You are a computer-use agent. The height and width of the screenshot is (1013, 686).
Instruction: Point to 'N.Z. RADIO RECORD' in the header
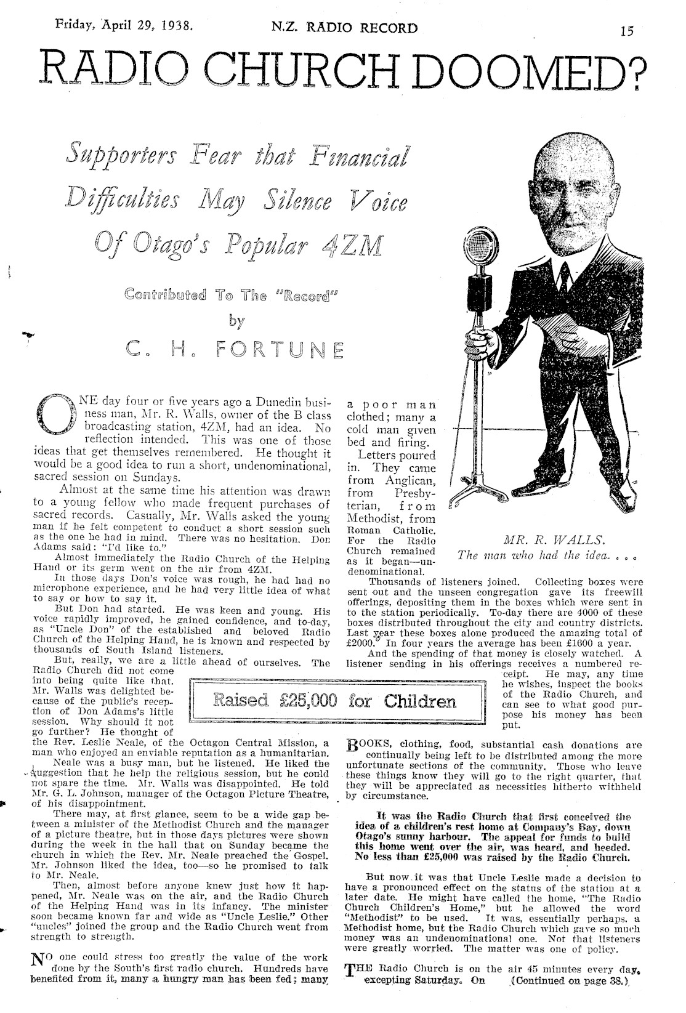[344, 28]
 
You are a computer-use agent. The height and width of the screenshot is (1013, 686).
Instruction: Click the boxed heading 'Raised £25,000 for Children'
[336, 701]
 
